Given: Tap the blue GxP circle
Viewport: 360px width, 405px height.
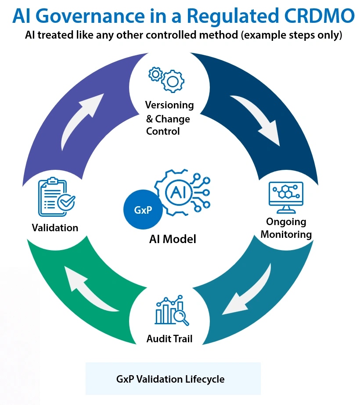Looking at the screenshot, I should click(143, 210).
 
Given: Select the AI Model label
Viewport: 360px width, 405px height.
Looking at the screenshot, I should click(173, 239).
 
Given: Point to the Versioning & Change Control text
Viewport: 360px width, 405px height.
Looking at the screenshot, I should click(169, 118).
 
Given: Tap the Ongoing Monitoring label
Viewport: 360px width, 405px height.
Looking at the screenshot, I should click(286, 228).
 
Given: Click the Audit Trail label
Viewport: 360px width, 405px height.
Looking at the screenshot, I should click(169, 339).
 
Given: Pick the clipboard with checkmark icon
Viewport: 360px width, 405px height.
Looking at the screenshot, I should click(57, 197).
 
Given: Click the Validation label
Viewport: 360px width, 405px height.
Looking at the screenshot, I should click(55, 228).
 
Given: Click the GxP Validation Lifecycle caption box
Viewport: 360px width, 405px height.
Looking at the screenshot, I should click(173, 378).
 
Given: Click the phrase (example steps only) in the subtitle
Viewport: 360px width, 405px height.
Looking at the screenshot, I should click(291, 36).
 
